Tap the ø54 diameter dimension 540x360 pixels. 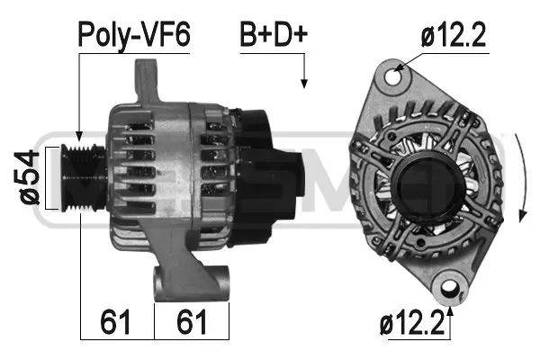coord(30,177)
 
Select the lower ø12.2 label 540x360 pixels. coord(413,321)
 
